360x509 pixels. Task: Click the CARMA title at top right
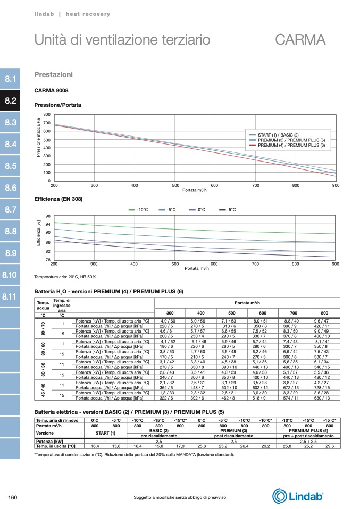(300, 40)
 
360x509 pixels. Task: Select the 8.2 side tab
(11, 100)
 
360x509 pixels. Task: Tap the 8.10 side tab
(11, 275)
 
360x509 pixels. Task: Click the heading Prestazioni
(53, 74)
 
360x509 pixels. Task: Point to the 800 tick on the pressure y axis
(47, 115)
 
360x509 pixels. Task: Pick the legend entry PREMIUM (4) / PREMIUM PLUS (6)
(291, 145)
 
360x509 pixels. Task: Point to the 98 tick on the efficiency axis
(48, 216)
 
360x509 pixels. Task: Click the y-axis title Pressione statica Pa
(38, 137)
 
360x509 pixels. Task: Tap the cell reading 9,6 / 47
(322, 321)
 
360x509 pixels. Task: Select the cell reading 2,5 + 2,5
(308, 441)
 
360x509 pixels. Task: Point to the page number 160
(14, 497)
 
